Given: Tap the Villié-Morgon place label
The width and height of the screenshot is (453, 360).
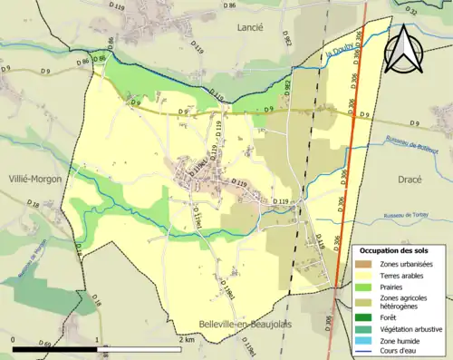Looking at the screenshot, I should (32, 179).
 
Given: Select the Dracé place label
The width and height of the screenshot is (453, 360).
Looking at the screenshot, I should (410, 180).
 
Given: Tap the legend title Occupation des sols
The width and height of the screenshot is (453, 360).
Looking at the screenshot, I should (396, 249).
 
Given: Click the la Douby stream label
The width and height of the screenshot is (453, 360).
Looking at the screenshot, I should (338, 56).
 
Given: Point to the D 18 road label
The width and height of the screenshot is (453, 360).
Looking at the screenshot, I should (34, 207).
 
